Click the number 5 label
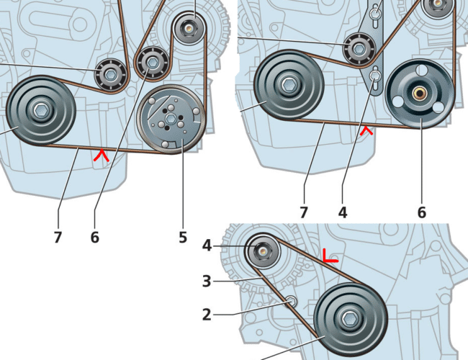tap(183, 236)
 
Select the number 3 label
tap(207, 281)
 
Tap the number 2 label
tap(207, 314)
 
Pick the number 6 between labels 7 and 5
tap(94, 236)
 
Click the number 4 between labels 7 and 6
tap(343, 212)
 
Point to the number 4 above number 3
tap(207, 246)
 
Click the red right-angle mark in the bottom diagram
tap(330, 256)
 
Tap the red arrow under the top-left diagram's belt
tap(102, 153)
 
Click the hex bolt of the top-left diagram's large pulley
tap(40, 111)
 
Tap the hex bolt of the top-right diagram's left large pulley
tap(288, 85)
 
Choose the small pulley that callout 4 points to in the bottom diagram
tap(263, 251)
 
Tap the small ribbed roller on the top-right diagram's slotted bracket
tap(356, 49)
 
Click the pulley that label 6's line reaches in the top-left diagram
tap(153, 63)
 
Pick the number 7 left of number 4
tap(303, 212)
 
